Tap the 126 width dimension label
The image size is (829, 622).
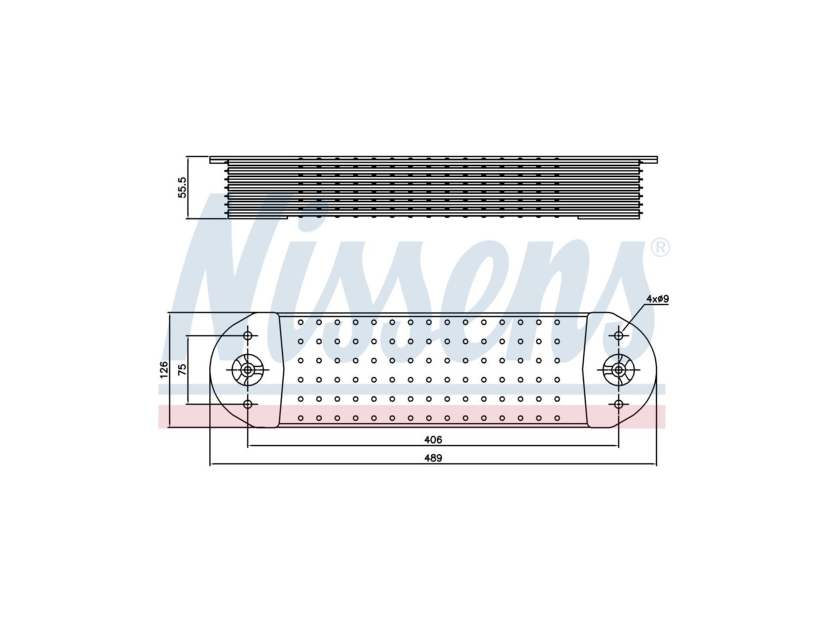pyautogui.click(x=164, y=370)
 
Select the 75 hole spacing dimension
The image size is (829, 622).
pyautogui.click(x=182, y=370)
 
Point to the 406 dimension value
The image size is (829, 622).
pyautogui.click(x=433, y=440)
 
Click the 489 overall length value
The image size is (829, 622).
pyautogui.click(x=433, y=458)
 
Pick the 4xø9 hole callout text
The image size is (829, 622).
pyautogui.click(x=658, y=299)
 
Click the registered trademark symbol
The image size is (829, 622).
pyautogui.click(x=660, y=247)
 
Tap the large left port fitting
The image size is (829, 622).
pyautogui.click(x=247, y=370)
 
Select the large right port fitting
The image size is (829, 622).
pyautogui.click(x=618, y=370)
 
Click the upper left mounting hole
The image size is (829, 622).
pyautogui.click(x=247, y=336)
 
